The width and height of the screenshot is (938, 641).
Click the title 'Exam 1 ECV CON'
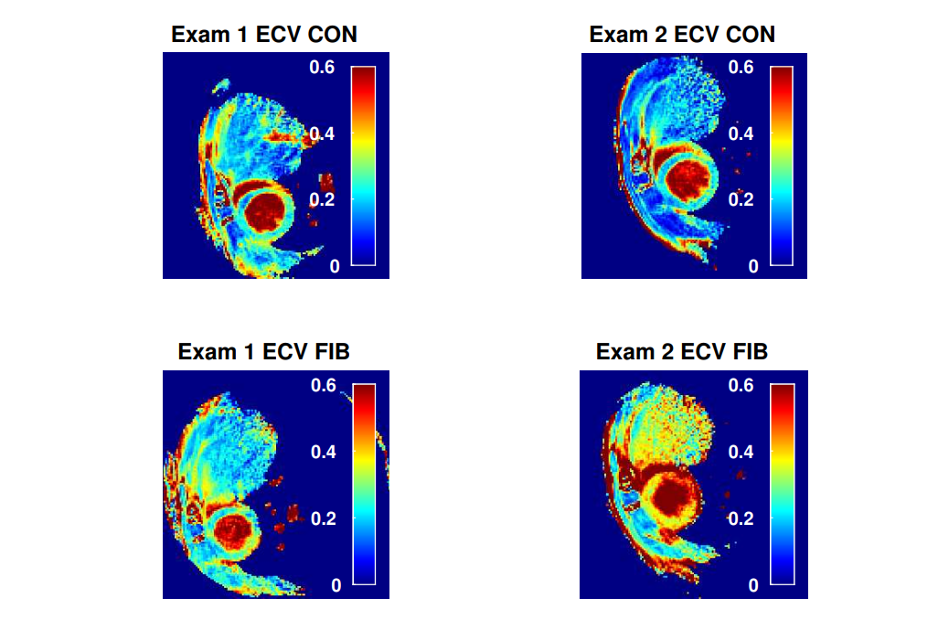[263, 35]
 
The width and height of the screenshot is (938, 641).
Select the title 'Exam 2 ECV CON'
[682, 35]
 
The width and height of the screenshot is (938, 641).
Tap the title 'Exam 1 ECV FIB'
[263, 352]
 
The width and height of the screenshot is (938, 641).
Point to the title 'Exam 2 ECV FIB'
[682, 352]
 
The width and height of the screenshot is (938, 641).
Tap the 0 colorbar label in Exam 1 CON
[334, 266]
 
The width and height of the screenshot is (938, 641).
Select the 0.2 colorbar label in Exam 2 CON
[741, 200]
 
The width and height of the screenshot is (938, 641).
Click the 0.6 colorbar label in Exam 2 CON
[741, 67]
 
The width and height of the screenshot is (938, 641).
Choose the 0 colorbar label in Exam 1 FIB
[336, 585]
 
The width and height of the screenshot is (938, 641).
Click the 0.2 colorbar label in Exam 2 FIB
[741, 518]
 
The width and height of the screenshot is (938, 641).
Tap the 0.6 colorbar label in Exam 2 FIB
[741, 385]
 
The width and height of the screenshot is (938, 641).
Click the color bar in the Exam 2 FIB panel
[783, 484]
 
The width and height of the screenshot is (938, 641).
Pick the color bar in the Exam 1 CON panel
[364, 166]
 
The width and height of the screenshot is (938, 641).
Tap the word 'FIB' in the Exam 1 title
[330, 352]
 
